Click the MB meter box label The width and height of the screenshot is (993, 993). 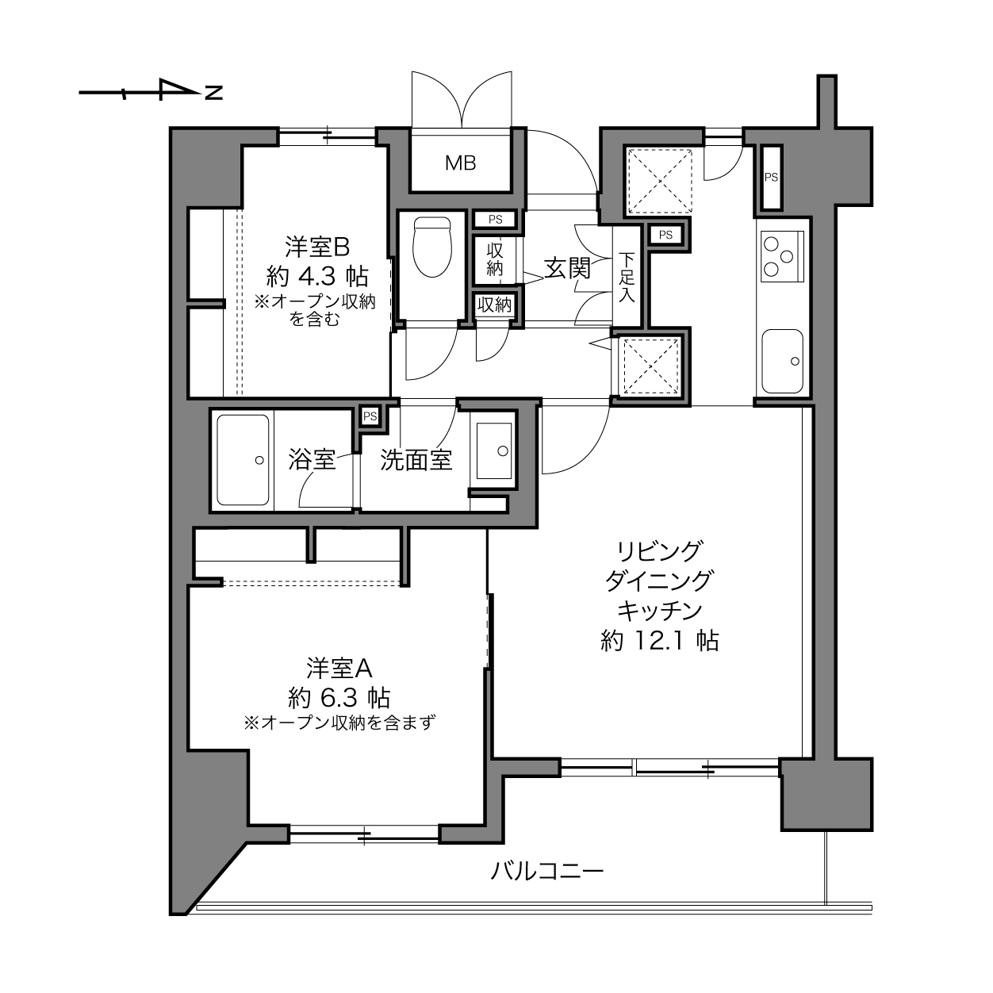tap(460, 163)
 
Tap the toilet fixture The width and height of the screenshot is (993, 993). tap(431, 247)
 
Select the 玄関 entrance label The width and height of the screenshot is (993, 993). tap(567, 268)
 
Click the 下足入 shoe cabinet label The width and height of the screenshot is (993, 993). tap(627, 278)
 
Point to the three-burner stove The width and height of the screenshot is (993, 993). tap(783, 256)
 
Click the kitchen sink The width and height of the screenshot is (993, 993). tap(782, 361)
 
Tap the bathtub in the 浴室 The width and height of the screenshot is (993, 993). tap(243, 460)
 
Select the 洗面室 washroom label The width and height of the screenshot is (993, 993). tap(416, 460)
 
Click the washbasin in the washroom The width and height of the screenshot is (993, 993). tap(494, 451)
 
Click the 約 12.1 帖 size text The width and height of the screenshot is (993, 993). tap(660, 641)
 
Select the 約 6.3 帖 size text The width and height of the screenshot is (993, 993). tap(339, 698)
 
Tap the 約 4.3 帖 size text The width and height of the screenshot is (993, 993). tap(317, 278)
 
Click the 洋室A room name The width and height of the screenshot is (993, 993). tap(339, 669)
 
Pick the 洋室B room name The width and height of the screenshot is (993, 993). tap(317, 247)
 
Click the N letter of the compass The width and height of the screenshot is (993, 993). tap(214, 93)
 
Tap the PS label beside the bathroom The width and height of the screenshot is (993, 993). tap(370, 416)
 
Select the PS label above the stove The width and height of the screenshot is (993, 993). tap(771, 178)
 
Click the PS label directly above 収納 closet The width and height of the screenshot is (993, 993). tap(495, 220)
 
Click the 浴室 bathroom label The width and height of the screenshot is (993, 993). tap(312, 460)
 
